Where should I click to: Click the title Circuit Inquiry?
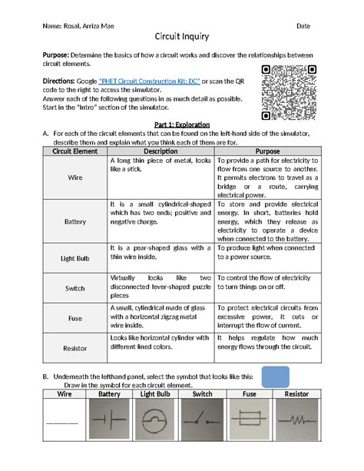tap(181, 37)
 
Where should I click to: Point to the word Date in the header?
tap(303, 25)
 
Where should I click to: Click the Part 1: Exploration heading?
tap(181, 123)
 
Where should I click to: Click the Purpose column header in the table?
tap(267, 151)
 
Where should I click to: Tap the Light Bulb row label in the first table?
tap(76, 259)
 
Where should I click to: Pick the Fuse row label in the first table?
tap(76, 318)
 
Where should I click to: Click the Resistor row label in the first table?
tap(76, 348)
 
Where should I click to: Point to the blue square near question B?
tap(276, 377)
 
